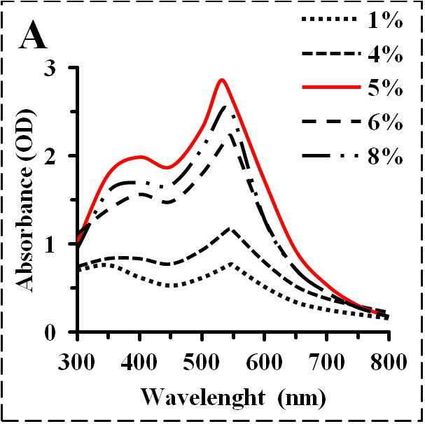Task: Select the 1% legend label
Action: [385, 20]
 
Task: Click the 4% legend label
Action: [385, 54]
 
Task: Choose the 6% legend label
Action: [385, 122]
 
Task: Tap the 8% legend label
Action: [385, 156]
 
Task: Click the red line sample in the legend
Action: [331, 87]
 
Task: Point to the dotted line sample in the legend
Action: [329, 19]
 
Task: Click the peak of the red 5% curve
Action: [222, 79]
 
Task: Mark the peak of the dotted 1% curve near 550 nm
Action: [231, 264]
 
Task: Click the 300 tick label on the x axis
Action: [76, 362]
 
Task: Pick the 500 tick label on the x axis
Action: [201, 362]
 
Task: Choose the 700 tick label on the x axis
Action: [326, 362]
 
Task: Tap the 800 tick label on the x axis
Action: [389, 362]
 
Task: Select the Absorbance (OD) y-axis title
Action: [26, 201]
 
